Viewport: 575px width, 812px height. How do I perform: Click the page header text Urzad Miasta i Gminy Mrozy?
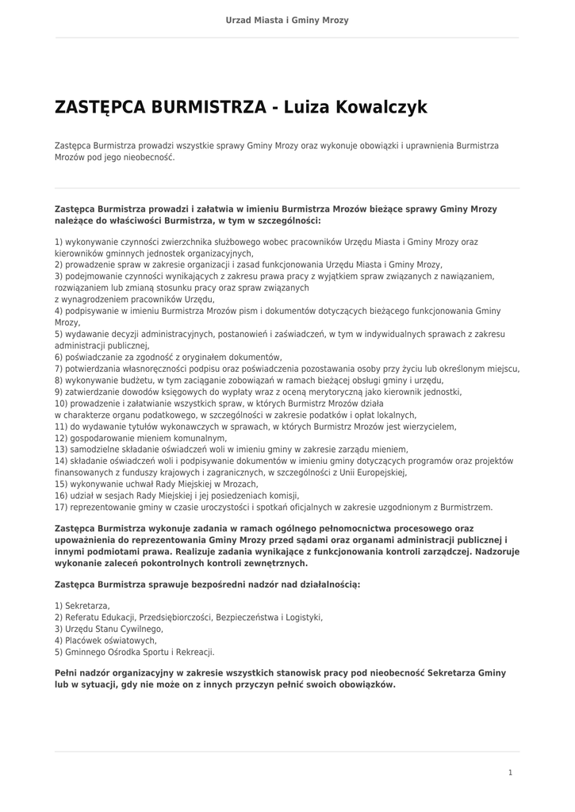pyautogui.click(x=287, y=20)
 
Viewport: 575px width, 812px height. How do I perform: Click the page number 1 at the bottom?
pyautogui.click(x=510, y=772)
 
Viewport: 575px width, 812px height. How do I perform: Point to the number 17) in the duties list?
pyautogui.click(x=61, y=507)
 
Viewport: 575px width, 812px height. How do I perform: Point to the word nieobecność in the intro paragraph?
pyautogui.click(x=145, y=158)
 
